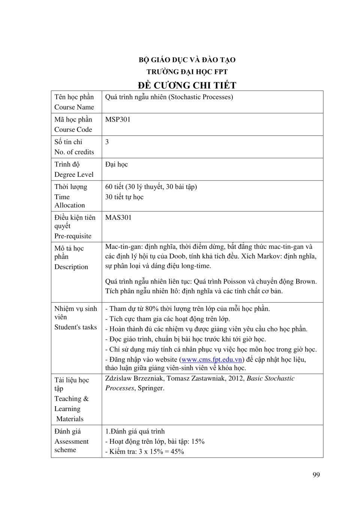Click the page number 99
316,475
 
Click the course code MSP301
118,119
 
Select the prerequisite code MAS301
118,218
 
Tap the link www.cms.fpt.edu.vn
212,359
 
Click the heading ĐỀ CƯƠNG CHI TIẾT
187,85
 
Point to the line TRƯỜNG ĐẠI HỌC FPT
187,72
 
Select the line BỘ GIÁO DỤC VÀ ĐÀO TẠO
187,60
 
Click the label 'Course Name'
74,107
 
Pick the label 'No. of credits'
74,152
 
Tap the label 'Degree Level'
74,174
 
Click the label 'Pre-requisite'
73,236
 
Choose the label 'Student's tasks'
75,327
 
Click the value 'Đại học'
116,164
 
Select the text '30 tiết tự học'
124,197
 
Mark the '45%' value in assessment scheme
177,452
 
